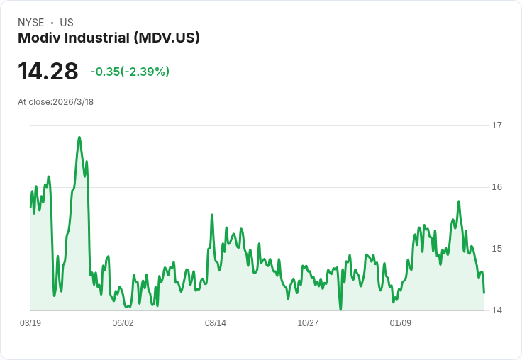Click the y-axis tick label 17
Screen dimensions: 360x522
(496, 125)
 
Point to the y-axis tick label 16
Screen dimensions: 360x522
(496, 187)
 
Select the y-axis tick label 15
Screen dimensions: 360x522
(496, 249)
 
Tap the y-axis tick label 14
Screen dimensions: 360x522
(496, 310)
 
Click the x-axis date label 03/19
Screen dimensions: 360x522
(30, 323)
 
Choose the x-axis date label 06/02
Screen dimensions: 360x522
(123, 323)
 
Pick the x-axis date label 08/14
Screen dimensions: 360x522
(216, 323)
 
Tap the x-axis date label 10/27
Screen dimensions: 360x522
(308, 323)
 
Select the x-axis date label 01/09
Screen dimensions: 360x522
(401, 323)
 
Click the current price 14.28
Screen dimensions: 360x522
(48, 72)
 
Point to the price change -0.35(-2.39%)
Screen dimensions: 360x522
(130, 72)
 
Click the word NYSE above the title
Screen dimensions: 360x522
(31, 23)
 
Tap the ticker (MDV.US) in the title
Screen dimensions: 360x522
(167, 38)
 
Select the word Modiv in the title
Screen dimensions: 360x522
(37, 38)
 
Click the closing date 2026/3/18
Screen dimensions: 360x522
(73, 102)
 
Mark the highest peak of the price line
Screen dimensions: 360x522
(79, 137)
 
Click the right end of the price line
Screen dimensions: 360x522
(484, 293)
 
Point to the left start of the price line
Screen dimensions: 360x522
(30, 206)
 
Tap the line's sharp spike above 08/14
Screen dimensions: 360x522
(212, 215)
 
